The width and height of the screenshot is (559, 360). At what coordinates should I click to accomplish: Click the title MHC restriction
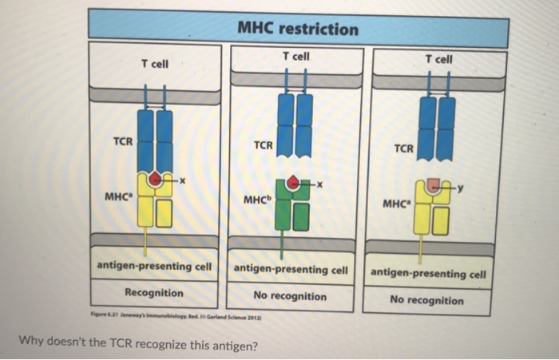(x=299, y=30)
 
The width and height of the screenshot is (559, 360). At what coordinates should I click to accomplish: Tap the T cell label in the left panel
(x=154, y=63)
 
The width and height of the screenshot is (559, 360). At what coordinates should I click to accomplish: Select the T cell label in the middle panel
(x=295, y=57)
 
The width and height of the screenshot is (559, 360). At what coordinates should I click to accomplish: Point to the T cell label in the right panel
(x=438, y=59)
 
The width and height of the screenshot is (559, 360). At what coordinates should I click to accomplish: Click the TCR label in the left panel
(x=122, y=141)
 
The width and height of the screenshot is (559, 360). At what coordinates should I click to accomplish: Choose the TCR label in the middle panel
(x=263, y=146)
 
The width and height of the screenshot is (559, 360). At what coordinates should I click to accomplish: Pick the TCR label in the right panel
(x=404, y=148)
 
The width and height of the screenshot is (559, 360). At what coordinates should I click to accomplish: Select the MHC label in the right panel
(x=397, y=203)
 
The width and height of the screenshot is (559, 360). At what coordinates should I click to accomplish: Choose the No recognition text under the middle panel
(x=290, y=296)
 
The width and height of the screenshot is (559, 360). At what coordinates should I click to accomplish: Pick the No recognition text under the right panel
(x=426, y=300)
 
